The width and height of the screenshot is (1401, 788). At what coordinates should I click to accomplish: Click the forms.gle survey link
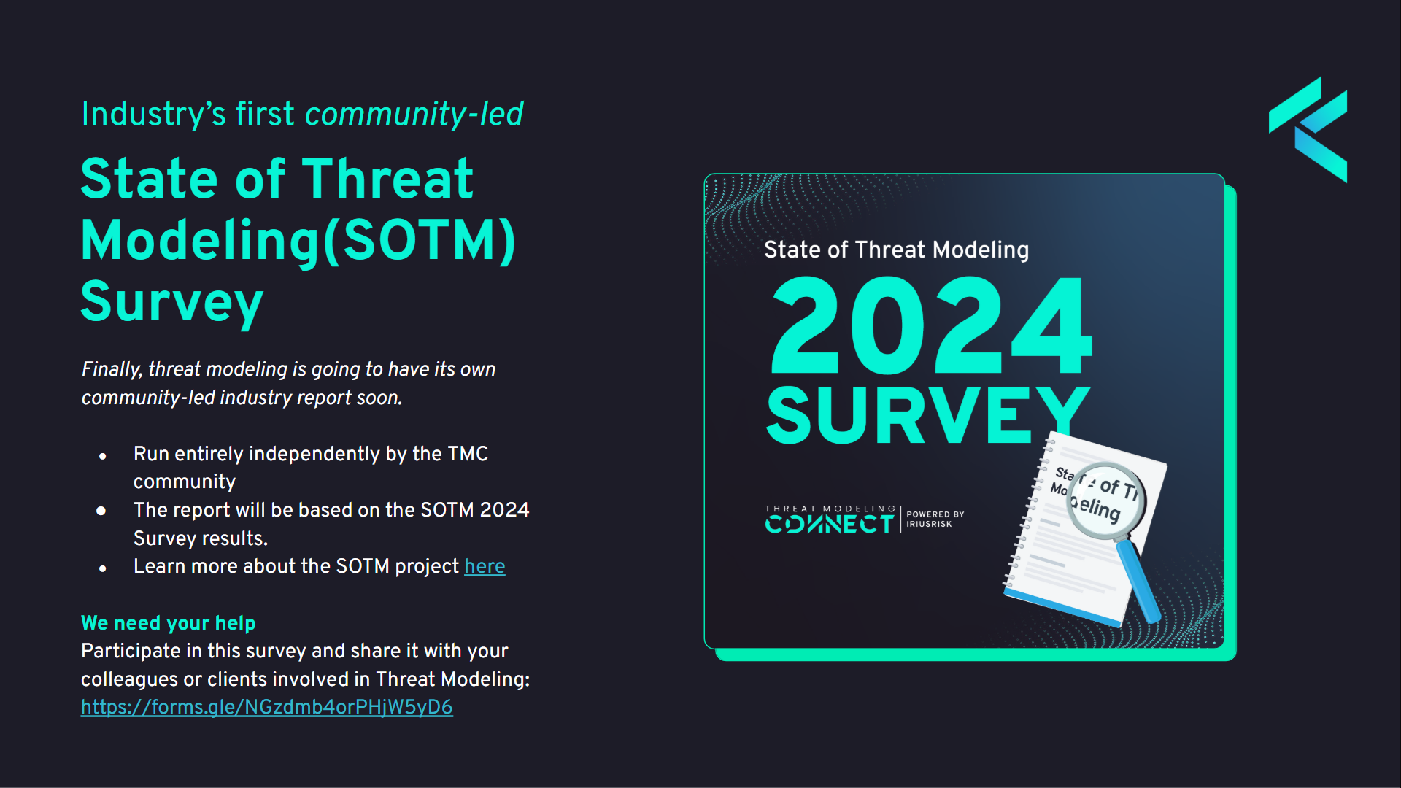click(x=267, y=707)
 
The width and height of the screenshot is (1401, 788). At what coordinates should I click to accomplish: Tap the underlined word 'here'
click(x=485, y=566)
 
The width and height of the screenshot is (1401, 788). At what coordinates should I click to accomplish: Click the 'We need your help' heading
click(x=169, y=623)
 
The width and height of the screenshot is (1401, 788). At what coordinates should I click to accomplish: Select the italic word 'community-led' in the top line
click(x=414, y=114)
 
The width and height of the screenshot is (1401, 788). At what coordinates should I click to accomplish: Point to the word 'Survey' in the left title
click(x=172, y=302)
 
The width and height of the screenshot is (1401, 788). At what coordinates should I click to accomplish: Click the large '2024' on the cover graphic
click(x=932, y=326)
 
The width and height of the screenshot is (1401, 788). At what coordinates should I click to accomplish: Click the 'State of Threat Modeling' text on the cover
click(x=897, y=250)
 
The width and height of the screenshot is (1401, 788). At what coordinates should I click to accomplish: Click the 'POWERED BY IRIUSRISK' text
click(x=935, y=519)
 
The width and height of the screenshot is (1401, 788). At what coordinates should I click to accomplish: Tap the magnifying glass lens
click(x=1105, y=501)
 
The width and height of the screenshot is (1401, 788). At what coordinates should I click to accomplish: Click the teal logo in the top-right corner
click(x=1308, y=129)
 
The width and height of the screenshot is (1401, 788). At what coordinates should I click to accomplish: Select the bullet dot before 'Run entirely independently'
click(x=103, y=456)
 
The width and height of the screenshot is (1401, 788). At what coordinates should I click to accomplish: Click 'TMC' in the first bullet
click(x=468, y=454)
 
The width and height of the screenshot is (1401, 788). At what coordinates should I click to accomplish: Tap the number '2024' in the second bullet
click(x=504, y=510)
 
